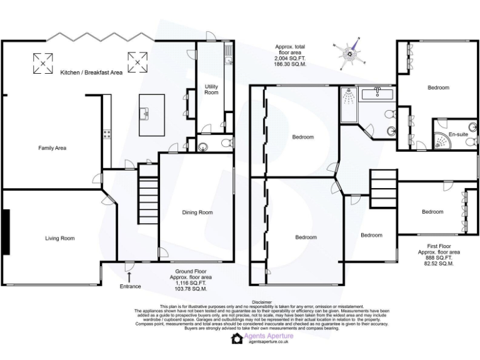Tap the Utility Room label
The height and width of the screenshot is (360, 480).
click(x=211, y=89)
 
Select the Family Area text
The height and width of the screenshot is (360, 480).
click(x=52, y=148)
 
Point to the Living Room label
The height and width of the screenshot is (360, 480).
click(x=59, y=238)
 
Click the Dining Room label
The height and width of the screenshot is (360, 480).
click(x=197, y=212)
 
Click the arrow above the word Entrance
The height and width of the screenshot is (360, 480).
click(x=129, y=276)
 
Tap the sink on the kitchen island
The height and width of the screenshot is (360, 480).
click(x=146, y=113)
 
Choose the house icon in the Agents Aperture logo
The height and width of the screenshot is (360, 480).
click(x=237, y=339)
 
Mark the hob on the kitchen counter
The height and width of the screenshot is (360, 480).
click(x=107, y=133)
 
